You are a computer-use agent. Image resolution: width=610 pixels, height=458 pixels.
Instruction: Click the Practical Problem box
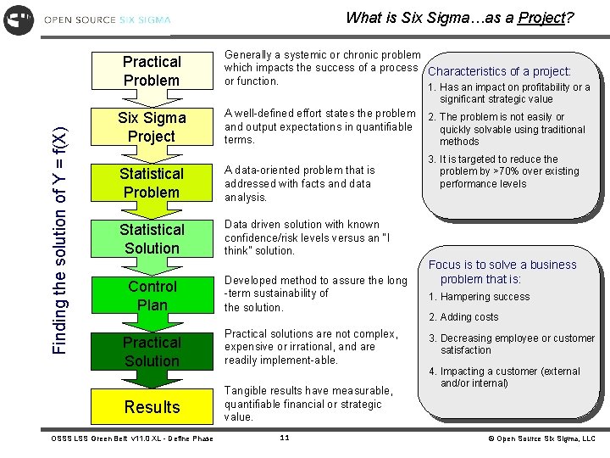(152, 71)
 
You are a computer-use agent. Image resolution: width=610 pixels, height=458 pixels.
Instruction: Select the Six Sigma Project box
(152, 127)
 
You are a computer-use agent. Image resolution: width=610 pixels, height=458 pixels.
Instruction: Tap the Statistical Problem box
(152, 183)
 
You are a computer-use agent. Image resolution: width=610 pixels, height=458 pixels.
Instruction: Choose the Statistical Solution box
(152, 239)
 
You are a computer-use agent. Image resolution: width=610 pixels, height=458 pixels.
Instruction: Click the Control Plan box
(152, 295)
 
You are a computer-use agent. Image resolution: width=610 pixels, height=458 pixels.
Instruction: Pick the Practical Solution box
(152, 351)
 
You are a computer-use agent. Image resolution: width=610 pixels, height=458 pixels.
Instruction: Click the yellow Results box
(152, 407)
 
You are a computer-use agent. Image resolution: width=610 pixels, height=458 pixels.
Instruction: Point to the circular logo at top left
(19, 19)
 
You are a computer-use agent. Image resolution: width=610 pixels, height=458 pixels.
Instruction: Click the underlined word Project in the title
(542, 18)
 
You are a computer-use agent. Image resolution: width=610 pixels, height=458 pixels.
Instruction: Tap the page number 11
(285, 438)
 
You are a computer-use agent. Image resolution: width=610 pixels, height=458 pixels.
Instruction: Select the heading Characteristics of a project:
(499, 72)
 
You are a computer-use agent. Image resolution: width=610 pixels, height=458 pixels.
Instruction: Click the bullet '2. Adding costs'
(463, 317)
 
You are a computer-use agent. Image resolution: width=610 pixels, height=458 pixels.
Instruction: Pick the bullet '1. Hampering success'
(479, 297)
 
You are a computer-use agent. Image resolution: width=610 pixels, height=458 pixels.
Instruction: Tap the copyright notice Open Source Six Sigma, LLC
(541, 438)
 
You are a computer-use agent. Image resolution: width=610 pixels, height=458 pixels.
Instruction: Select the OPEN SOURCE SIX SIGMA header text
(107, 20)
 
